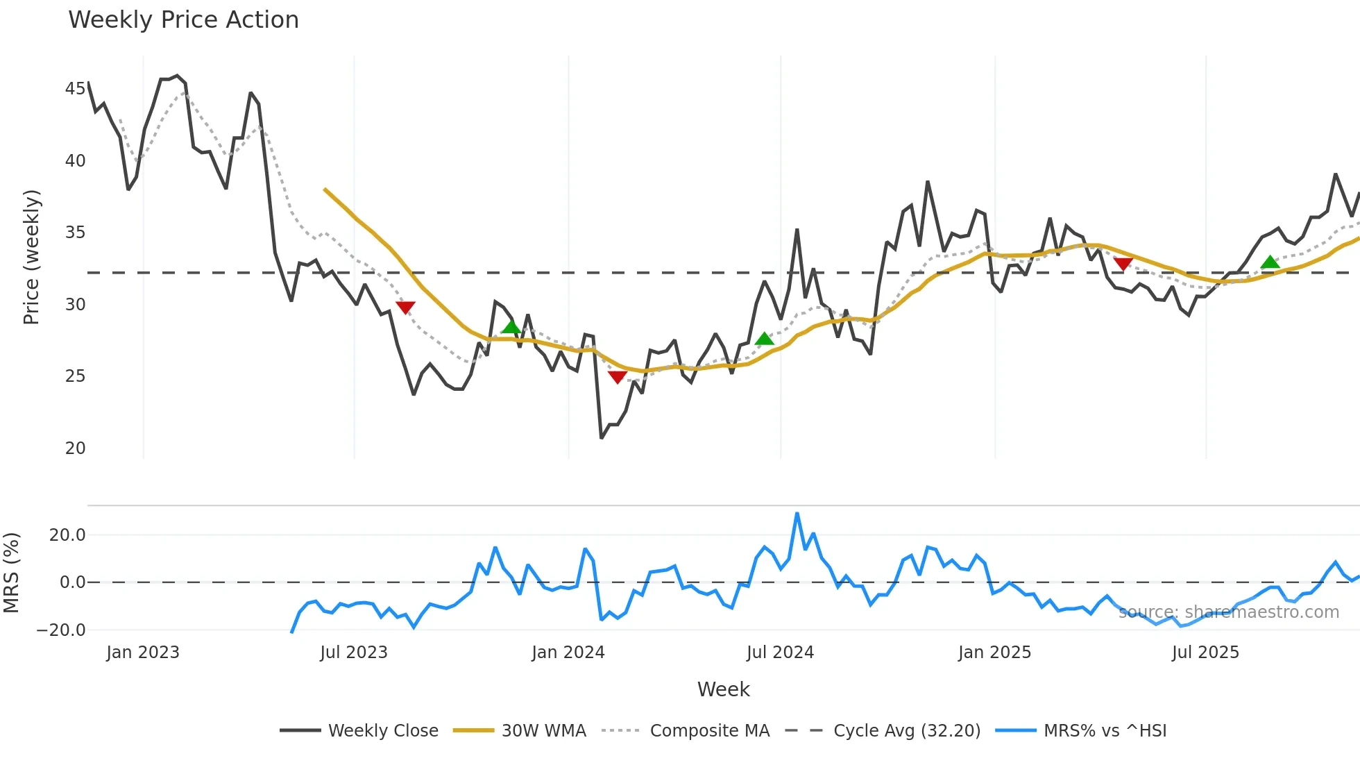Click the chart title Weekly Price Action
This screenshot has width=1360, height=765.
point(183,20)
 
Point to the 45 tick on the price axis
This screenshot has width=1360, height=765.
point(75,89)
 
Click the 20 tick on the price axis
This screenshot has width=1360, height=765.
point(75,448)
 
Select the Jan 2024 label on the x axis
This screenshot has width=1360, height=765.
point(568,653)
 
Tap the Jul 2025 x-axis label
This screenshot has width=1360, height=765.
point(1205,653)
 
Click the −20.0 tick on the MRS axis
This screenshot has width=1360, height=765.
point(61,630)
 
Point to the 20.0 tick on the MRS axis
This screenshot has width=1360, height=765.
point(67,535)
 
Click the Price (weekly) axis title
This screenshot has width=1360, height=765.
point(32,257)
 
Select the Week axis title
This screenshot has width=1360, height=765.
point(723,689)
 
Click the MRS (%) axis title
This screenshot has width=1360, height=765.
point(11,573)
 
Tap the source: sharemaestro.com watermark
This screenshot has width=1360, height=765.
point(1228,612)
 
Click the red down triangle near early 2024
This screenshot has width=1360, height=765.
point(618,377)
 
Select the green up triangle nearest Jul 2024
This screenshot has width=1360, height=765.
point(764,339)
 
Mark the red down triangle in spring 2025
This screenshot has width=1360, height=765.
point(1123,264)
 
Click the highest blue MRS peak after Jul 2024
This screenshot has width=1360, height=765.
point(797,514)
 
